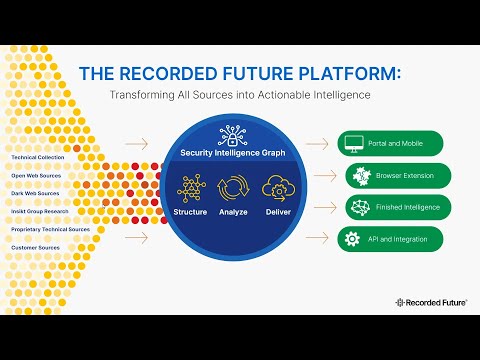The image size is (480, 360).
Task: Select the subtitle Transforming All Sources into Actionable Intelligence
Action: click(x=239, y=94)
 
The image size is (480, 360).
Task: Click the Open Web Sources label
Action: click(x=34, y=174)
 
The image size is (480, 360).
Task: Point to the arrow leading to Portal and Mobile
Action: click(x=317, y=144)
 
